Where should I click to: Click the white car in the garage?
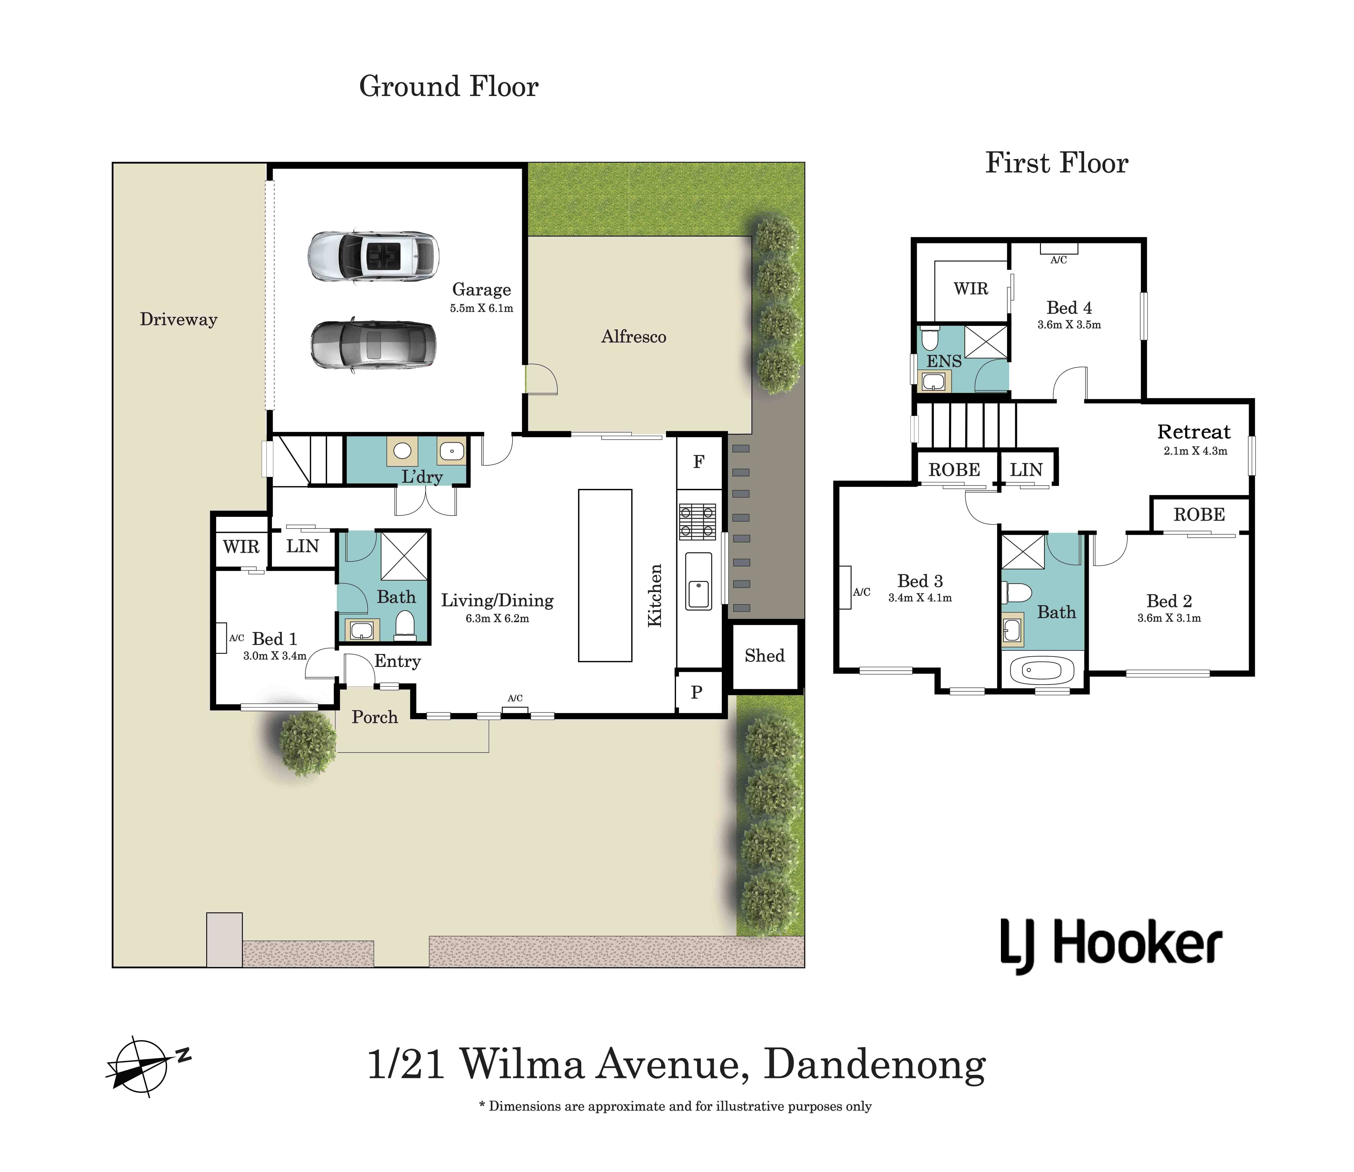tap(373, 256)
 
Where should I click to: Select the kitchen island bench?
tap(605, 576)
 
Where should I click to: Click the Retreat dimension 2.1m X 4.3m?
tap(1195, 451)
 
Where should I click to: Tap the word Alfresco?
tap(633, 337)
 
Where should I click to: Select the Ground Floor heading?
tap(449, 86)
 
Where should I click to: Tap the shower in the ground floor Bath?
tap(404, 556)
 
